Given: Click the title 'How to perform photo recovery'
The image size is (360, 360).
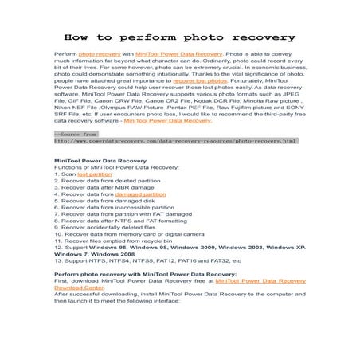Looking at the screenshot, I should click(179, 37).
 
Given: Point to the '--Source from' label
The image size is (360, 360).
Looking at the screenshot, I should click(75, 134).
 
